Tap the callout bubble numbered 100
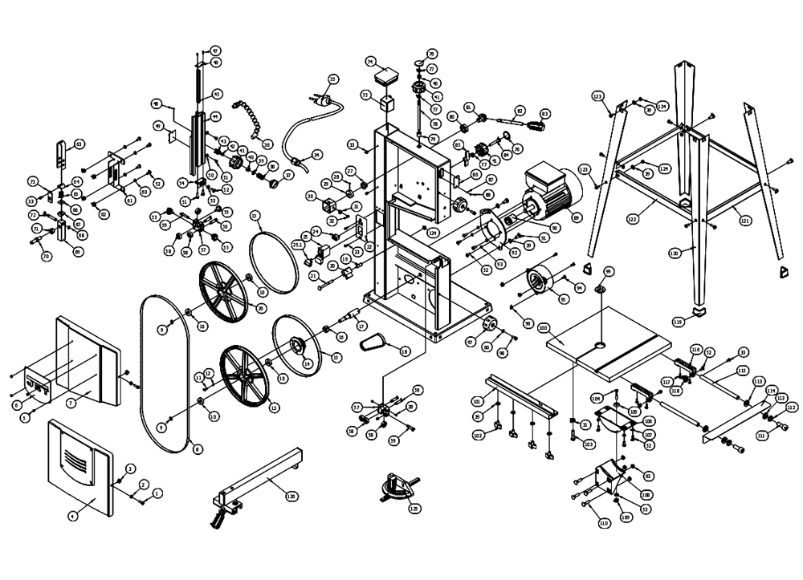[565, 328]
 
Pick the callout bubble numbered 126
[291, 497]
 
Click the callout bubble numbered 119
[678, 322]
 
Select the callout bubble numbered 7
[70, 402]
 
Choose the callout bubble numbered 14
[306, 363]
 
